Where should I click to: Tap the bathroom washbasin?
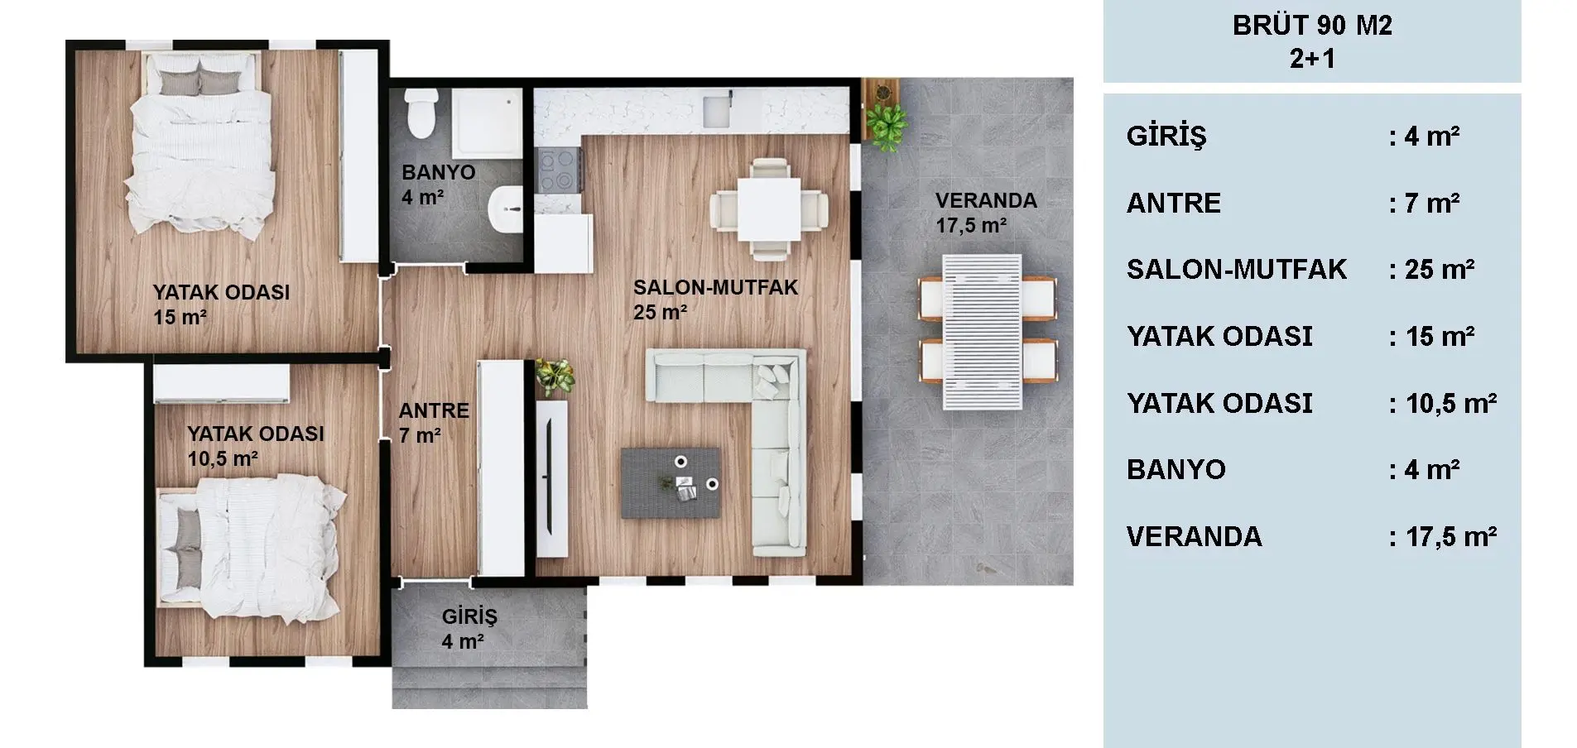tap(506, 209)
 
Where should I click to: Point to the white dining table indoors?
tap(769, 208)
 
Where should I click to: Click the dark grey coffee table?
tap(671, 483)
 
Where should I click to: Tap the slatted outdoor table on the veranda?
tap(982, 332)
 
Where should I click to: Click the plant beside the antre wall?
tap(554, 376)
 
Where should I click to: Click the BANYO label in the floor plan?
tap(439, 172)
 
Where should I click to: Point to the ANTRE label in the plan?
tap(434, 410)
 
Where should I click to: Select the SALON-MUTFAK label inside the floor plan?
tap(715, 287)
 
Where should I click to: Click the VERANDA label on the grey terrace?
tap(986, 200)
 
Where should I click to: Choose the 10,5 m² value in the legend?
tap(1451, 403)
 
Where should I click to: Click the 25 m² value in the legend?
tap(1440, 269)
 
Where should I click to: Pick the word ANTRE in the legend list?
tap(1174, 203)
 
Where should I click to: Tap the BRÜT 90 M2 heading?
tap(1312, 25)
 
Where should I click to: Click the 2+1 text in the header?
tap(1312, 58)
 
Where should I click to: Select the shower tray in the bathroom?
tap(486, 121)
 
